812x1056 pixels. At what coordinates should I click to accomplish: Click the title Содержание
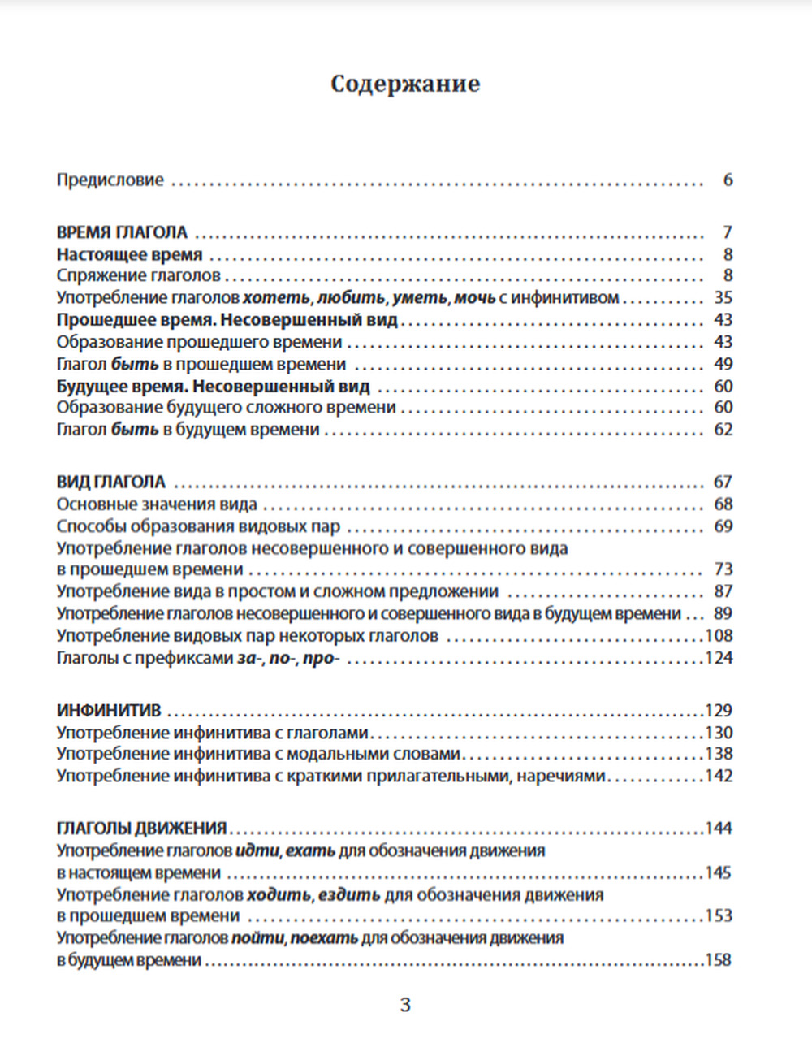tap(405, 84)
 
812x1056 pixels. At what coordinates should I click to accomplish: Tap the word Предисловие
tap(110, 180)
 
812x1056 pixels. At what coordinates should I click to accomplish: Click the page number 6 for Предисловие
tap(728, 180)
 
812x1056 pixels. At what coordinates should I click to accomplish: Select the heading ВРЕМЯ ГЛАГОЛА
tap(122, 232)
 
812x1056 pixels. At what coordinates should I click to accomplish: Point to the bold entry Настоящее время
tap(129, 254)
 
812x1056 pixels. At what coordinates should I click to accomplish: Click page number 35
tap(723, 298)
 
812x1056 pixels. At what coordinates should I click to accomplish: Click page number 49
tap(723, 364)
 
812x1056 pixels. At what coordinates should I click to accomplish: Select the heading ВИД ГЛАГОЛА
tap(111, 482)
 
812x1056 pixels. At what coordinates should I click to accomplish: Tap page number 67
tap(723, 482)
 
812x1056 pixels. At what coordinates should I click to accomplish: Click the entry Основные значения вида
tap(157, 504)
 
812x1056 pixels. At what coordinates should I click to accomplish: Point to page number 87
tap(723, 591)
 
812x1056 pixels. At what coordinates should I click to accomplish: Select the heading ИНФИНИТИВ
tap(109, 711)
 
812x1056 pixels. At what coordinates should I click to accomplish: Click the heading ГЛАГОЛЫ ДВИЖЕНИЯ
tap(142, 829)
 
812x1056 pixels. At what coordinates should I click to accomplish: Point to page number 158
tap(718, 960)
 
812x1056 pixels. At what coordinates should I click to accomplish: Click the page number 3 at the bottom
tap(405, 1006)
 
